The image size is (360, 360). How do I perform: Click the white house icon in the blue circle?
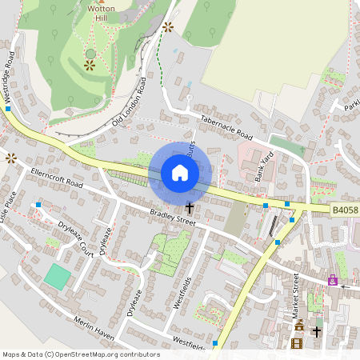pos(180,173)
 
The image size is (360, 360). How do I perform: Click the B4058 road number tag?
pos(345,210)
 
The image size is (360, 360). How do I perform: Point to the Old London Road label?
pos(129,101)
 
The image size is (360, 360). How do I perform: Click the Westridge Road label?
pos(10,77)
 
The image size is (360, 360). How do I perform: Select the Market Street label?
pos(294,294)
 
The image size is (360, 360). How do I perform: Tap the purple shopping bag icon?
pos(333,281)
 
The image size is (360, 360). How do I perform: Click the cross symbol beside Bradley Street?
pos(189,207)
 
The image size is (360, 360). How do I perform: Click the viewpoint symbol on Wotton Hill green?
pos(90,66)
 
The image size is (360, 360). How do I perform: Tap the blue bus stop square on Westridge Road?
pos(7,110)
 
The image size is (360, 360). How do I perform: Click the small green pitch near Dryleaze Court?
pos(58,277)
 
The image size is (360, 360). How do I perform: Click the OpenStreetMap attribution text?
pos(81,354)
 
